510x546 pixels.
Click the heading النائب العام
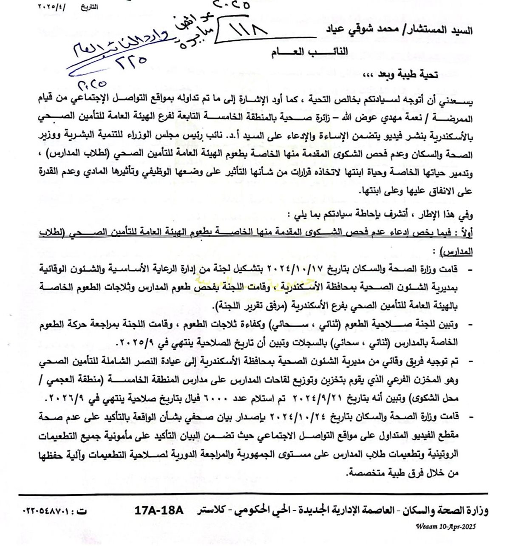tap(309, 52)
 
